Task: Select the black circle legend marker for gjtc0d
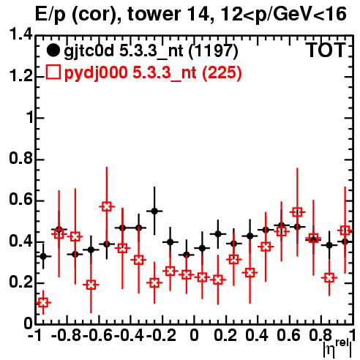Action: pyautogui.click(x=53, y=50)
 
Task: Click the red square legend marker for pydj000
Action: pyautogui.click(x=53, y=72)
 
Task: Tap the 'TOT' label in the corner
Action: pyautogui.click(x=326, y=50)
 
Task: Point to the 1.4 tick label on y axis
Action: pyautogui.click(x=20, y=35)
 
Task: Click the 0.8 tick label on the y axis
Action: pyautogui.click(x=20, y=159)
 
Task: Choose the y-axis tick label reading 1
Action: pyautogui.click(x=29, y=118)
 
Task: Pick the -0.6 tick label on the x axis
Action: pyautogui.click(x=98, y=336)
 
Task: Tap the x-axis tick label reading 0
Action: pyautogui.click(x=194, y=336)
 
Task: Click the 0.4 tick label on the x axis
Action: pyautogui.click(x=257, y=336)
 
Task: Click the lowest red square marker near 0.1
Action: pyautogui.click(x=43, y=303)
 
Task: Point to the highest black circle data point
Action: pyautogui.click(x=154, y=211)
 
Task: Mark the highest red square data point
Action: pyautogui.click(x=107, y=207)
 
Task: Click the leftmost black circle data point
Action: pyautogui.click(x=43, y=256)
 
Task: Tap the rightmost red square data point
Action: pyautogui.click(x=345, y=230)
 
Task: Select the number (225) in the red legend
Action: pyautogui.click(x=222, y=72)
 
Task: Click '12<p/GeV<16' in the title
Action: pyautogui.click(x=282, y=14)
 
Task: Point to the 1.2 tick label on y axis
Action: pyautogui.click(x=20, y=76)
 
